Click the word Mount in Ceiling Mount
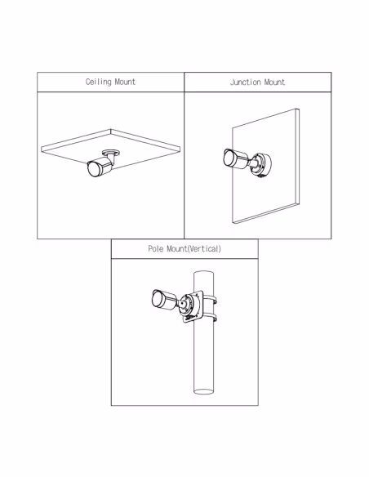coord(125,82)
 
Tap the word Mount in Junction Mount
coord(274,82)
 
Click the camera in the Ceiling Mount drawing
coord(100,167)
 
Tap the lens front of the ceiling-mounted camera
coord(92,170)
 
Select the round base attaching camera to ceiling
coord(111,152)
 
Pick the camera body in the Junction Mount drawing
coord(236,158)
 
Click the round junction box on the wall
coord(260,165)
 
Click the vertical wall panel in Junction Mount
coord(265,166)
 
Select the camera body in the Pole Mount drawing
coord(164,300)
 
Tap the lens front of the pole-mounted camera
coord(157,298)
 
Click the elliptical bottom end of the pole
coord(203,391)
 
